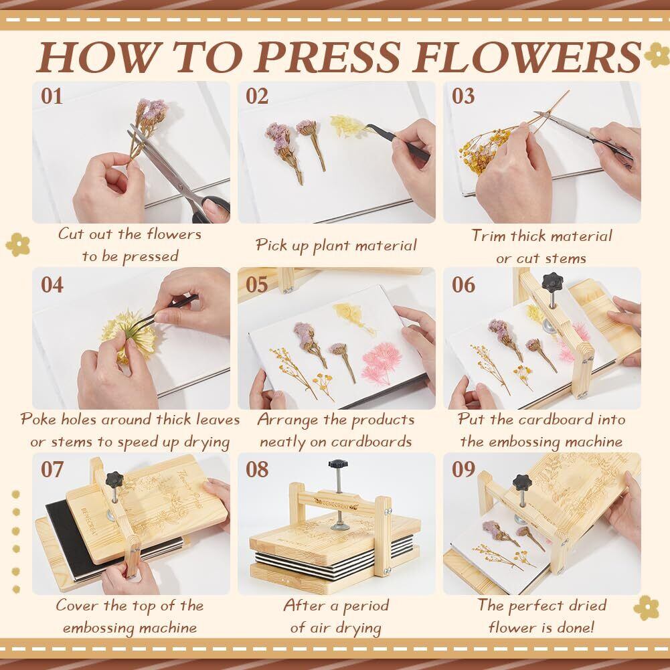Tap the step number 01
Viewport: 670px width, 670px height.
(x=52, y=96)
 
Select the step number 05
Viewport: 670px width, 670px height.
(x=257, y=284)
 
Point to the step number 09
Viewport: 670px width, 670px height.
(x=463, y=469)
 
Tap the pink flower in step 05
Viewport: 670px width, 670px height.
(x=382, y=363)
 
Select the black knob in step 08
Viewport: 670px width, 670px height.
(x=338, y=464)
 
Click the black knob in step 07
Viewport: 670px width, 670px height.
(x=114, y=480)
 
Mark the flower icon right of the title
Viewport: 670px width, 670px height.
(x=657, y=54)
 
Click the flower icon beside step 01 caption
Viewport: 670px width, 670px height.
(x=17, y=244)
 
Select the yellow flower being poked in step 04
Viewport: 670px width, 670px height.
(x=129, y=335)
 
